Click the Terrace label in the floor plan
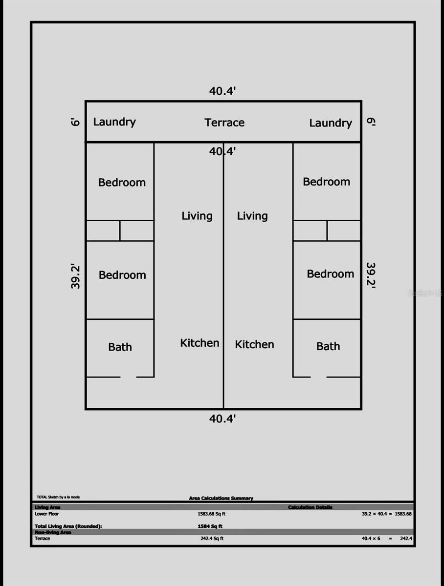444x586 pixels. click(224, 123)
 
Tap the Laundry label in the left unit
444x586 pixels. click(114, 122)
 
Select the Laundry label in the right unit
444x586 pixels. click(331, 123)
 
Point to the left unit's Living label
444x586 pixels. click(197, 216)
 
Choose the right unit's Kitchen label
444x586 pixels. click(254, 344)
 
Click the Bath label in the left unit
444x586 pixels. click(120, 347)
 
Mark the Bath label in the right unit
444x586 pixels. click(328, 346)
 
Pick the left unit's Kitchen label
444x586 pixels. click(200, 343)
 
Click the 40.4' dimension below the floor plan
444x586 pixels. click(223, 419)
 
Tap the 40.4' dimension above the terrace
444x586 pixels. click(223, 91)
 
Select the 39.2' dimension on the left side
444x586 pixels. click(76, 276)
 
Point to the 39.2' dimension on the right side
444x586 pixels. click(371, 276)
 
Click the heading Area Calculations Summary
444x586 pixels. click(221, 498)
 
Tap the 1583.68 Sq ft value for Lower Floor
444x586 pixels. click(211, 514)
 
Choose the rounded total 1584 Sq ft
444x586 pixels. click(210, 526)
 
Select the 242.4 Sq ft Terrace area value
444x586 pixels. click(211, 539)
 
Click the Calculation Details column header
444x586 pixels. click(310, 507)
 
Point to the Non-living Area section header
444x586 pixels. click(53, 532)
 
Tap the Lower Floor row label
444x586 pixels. click(47, 514)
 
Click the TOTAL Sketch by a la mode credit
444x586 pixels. click(58, 497)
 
